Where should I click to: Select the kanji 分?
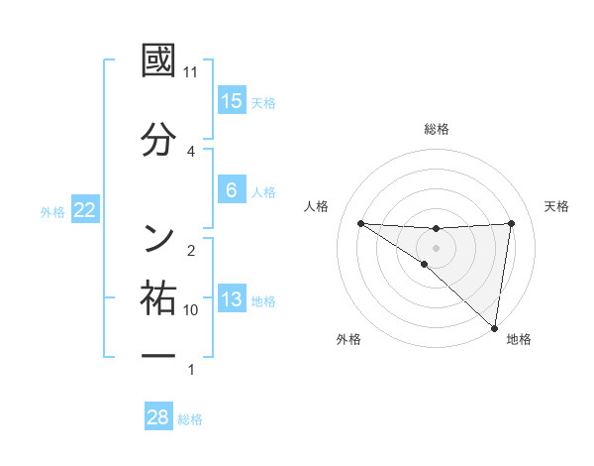click(158, 139)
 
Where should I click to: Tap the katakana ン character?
click(158, 238)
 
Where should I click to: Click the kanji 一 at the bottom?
click(158, 354)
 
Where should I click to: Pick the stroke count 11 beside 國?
click(191, 72)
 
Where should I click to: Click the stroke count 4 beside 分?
click(191, 151)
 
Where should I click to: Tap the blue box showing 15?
click(232, 101)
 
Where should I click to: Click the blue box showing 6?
click(232, 190)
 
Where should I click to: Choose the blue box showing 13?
click(232, 300)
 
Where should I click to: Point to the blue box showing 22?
click(85, 211)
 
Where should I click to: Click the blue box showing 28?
click(158, 417)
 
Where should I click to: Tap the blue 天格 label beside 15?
click(263, 102)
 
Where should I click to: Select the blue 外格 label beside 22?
click(52, 212)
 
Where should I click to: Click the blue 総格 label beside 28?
click(190, 418)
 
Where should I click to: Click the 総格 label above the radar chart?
click(437, 129)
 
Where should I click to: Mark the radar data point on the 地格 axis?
click(494, 327)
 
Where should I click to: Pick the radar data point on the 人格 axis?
click(360, 223)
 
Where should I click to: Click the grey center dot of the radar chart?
click(437, 247)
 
